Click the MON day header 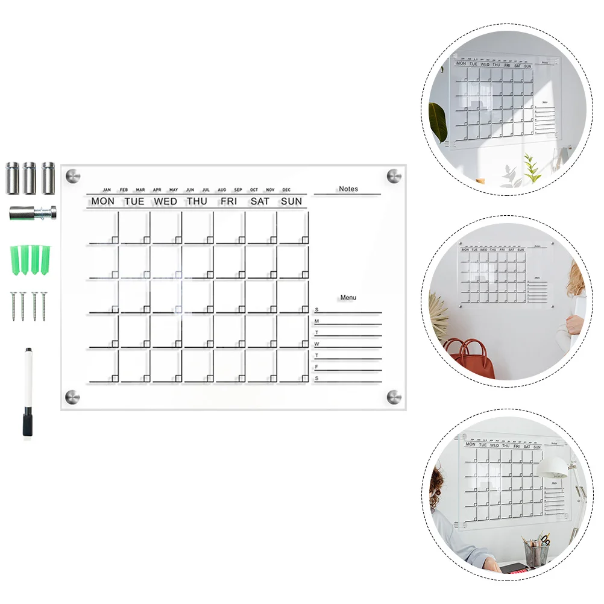point(102,201)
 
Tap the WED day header point(165,201)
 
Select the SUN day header point(291,201)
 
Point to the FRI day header point(228,201)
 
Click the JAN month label point(107,190)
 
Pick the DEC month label point(286,190)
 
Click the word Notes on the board point(348,189)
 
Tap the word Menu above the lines point(348,297)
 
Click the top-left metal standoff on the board point(72,176)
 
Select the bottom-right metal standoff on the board point(394,396)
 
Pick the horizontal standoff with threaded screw point(33,212)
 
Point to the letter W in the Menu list point(316,344)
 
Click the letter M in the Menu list point(316,321)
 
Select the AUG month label point(222,190)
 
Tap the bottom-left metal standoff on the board point(72,396)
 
